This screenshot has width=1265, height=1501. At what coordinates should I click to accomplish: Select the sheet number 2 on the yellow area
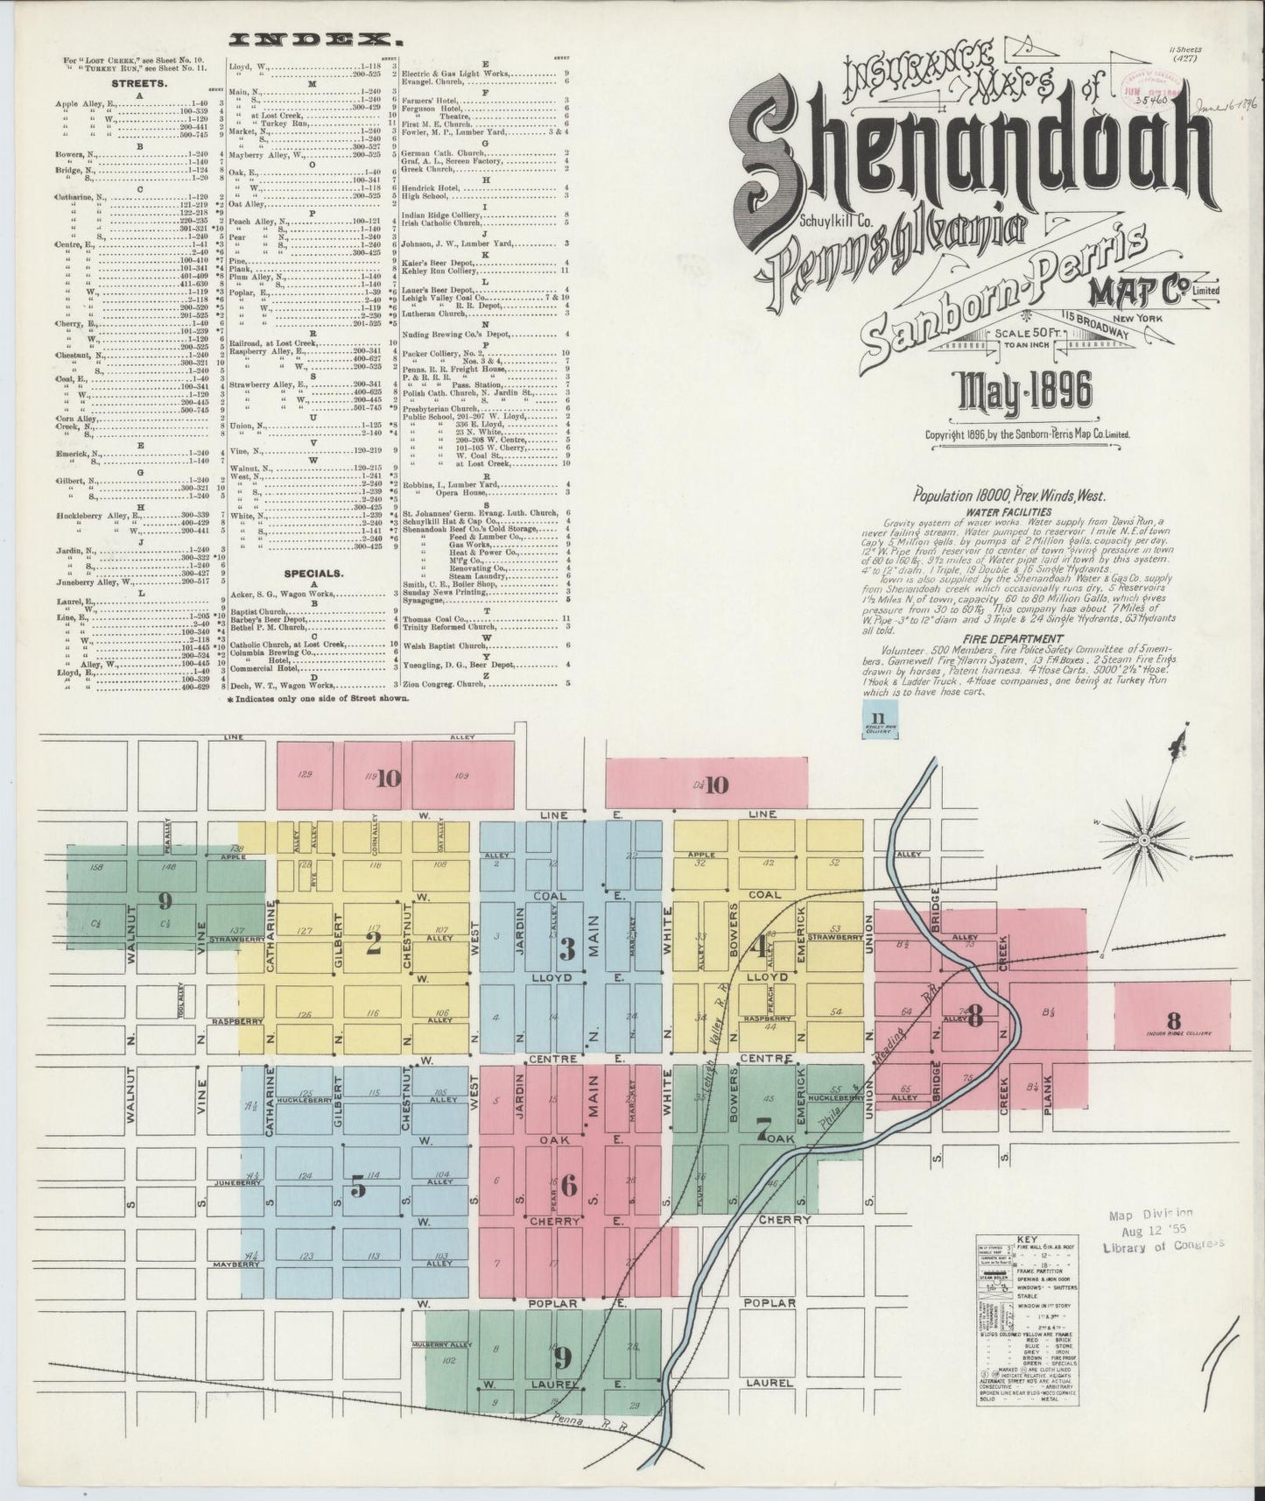(374, 942)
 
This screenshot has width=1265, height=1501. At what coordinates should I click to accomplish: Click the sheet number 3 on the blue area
(567, 948)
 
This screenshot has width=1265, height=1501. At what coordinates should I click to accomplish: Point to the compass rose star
(1143, 841)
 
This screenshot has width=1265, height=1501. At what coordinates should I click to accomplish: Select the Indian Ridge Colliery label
(1173, 1034)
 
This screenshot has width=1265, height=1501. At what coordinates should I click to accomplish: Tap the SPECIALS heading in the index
(313, 574)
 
